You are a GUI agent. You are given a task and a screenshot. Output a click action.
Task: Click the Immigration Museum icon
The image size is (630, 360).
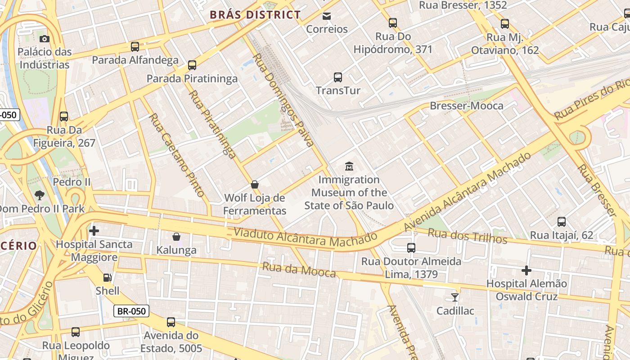pyautogui.click(x=349, y=166)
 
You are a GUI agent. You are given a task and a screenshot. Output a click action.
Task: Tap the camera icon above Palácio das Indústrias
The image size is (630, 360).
pyautogui.click(x=44, y=39)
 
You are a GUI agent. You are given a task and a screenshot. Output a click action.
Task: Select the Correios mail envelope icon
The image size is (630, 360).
pyautogui.click(x=327, y=16)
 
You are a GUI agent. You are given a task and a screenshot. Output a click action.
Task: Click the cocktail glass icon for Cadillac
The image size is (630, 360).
pyautogui.click(x=455, y=297)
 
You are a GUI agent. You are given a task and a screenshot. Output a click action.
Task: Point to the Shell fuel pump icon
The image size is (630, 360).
pyautogui.click(x=108, y=278)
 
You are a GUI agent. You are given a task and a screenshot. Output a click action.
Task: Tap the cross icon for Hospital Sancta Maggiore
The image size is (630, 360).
pyautogui.click(x=94, y=231)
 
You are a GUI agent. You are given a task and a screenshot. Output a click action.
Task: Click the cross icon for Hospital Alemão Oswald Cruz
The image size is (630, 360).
pyautogui.click(x=526, y=270)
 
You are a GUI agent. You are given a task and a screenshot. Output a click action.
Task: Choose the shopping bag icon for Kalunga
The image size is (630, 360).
pyautogui.click(x=176, y=237)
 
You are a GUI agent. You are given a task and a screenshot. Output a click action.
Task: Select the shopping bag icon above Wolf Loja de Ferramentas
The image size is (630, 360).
pyautogui.click(x=255, y=184)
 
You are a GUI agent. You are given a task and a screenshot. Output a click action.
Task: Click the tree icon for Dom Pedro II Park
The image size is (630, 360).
pyautogui.click(x=40, y=195)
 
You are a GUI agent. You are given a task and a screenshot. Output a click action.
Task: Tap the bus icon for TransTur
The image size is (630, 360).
pyautogui.click(x=338, y=77)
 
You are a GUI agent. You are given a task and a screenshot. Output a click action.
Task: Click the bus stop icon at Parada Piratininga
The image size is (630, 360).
pyautogui.click(x=192, y=65)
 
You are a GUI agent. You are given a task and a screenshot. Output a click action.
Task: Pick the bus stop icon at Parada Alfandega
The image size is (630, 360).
pyautogui.click(x=135, y=47)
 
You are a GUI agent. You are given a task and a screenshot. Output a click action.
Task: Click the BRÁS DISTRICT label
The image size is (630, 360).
pyautogui.click(x=255, y=15)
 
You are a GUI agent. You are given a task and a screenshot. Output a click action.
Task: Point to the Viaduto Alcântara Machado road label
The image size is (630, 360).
pyautogui.click(x=305, y=237)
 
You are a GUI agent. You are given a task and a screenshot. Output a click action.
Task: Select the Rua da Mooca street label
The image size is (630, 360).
pyautogui.click(x=299, y=270)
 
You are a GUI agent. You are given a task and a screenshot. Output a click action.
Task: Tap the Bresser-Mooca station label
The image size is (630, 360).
pyautogui.click(x=467, y=106)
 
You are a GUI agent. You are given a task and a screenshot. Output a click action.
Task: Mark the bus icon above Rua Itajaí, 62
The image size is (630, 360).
pyautogui.click(x=562, y=222)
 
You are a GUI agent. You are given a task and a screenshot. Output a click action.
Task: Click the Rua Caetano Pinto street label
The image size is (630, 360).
pyautogui.click(x=177, y=155)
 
